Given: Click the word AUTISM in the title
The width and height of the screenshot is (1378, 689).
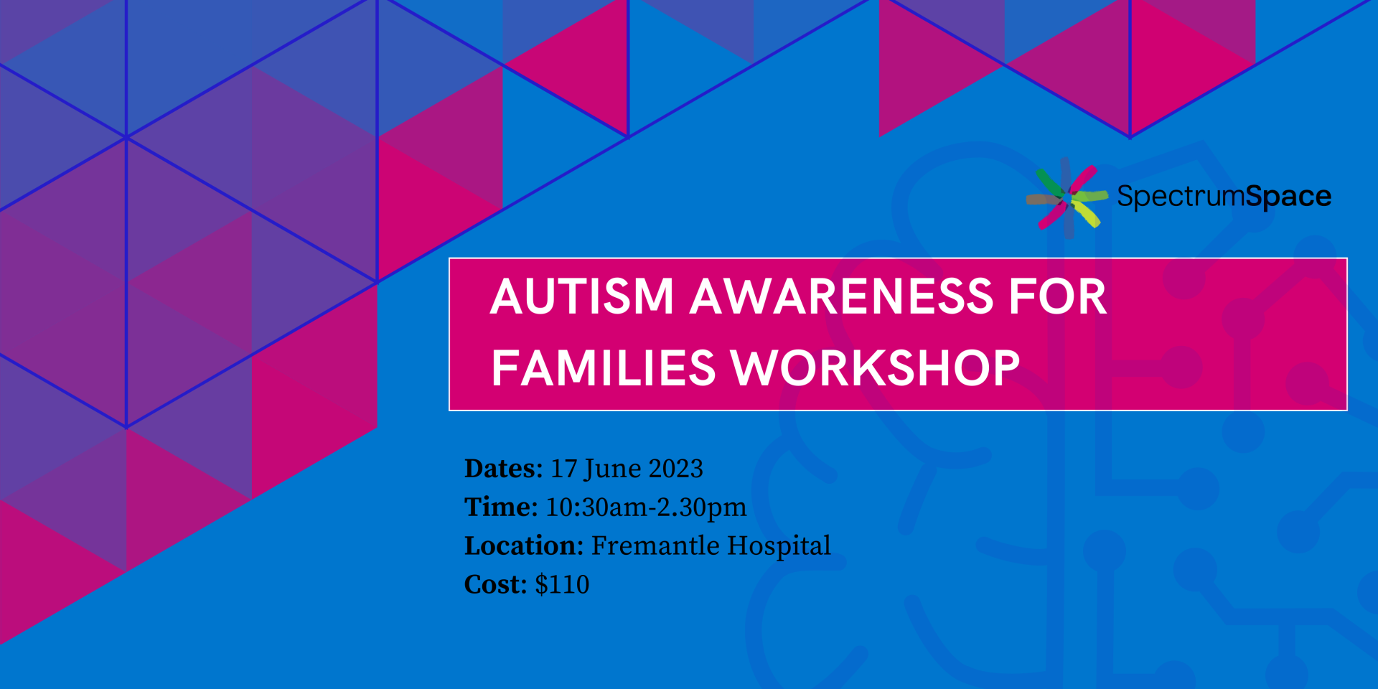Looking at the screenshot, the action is (x=582, y=296).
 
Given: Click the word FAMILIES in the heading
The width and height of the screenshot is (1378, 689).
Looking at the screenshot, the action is (x=604, y=368).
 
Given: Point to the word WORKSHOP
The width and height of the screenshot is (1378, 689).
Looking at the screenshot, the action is (x=876, y=368).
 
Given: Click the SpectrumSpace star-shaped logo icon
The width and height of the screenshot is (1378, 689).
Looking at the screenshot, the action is (x=1067, y=198).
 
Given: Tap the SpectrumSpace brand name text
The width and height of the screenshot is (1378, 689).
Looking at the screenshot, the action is (x=1224, y=197).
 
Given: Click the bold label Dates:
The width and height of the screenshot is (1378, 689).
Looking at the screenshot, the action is (x=504, y=469).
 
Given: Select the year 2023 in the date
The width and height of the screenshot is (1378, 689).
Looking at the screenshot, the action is (x=675, y=469).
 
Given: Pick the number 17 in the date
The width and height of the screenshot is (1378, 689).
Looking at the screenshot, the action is (x=563, y=469).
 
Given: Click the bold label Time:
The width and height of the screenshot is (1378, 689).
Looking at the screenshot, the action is (x=501, y=507).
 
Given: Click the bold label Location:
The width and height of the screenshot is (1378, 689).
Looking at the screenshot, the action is (x=524, y=546).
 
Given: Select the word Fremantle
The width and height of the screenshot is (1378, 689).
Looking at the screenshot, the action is (x=655, y=546).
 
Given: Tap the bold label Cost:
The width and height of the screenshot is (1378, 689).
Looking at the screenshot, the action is (x=496, y=585).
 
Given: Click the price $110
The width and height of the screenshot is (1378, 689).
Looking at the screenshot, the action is (x=562, y=585).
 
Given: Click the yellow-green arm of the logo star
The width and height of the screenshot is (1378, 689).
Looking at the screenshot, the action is (x=1086, y=213).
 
